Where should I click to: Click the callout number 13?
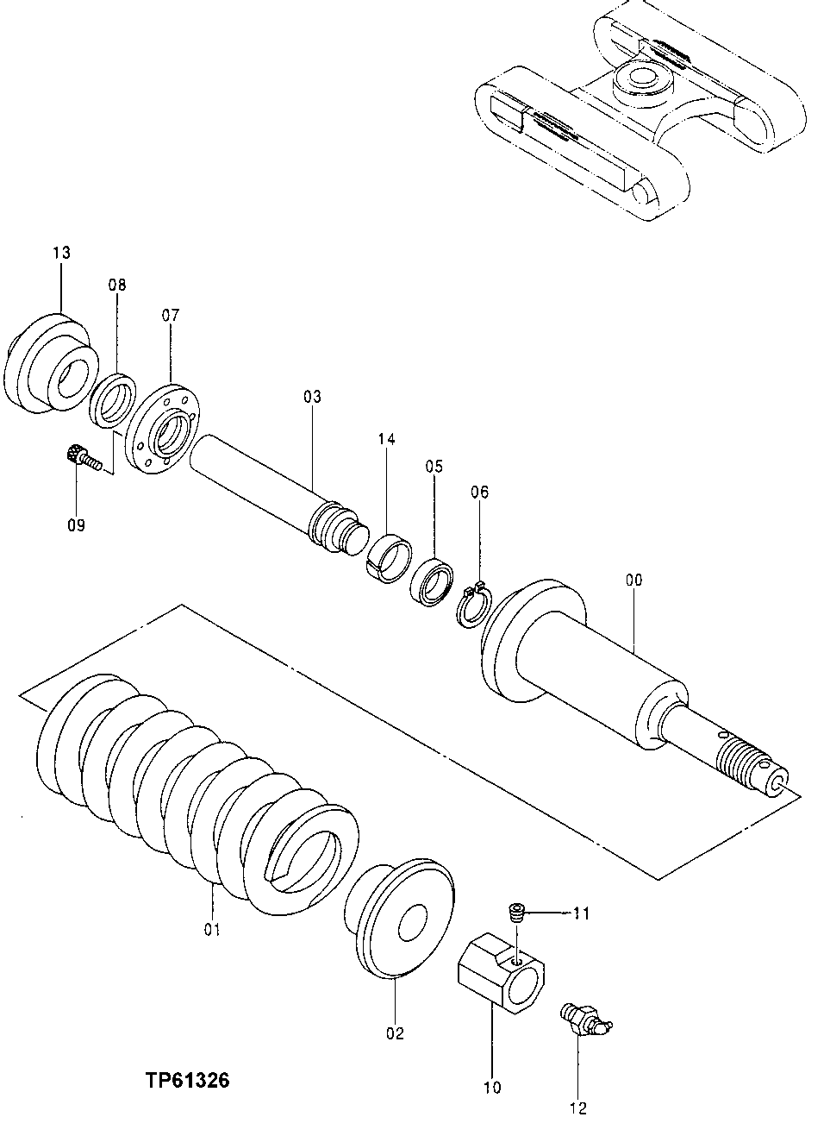(x=60, y=253)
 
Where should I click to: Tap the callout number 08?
(x=116, y=285)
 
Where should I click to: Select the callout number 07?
(x=170, y=316)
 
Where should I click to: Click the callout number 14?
(x=385, y=440)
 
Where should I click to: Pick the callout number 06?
(x=479, y=493)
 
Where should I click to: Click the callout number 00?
(x=633, y=581)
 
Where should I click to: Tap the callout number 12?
(x=578, y=1108)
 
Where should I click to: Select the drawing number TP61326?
(x=187, y=1080)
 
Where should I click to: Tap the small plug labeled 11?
(x=516, y=912)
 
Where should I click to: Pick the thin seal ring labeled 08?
(x=112, y=399)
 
